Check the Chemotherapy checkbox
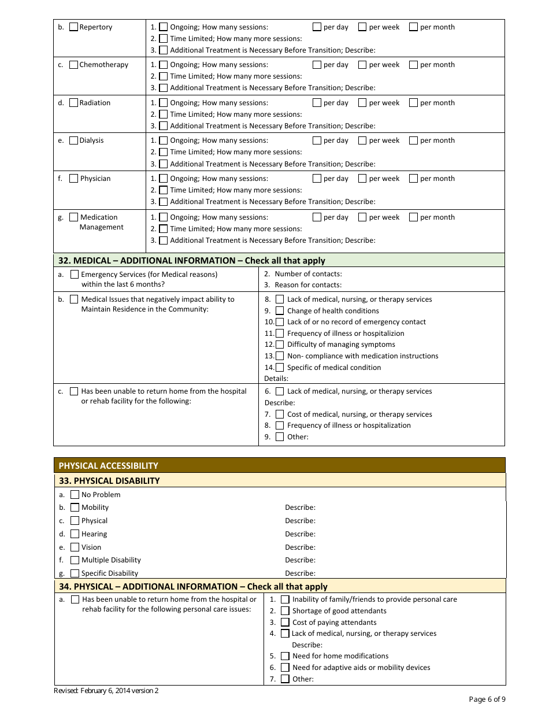(73, 65)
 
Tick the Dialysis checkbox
(73, 140)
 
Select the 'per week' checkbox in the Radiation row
(362, 103)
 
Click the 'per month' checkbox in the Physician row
(413, 179)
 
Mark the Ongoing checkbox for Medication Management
(164, 217)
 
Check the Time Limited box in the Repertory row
(164, 39)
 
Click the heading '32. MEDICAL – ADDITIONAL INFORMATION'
(191, 261)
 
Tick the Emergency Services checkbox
(75, 275)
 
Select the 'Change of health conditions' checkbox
(280, 311)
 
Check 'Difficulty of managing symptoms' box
(280, 345)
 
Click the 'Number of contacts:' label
(308, 274)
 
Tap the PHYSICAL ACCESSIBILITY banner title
(108, 466)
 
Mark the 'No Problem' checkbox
(75, 495)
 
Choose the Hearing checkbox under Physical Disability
(75, 534)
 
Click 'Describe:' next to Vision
(300, 547)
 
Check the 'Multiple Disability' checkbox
(75, 560)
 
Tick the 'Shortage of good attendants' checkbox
(285, 611)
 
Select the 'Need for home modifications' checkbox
(285, 656)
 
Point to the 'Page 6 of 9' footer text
(487, 699)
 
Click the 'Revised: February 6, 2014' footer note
(106, 691)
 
